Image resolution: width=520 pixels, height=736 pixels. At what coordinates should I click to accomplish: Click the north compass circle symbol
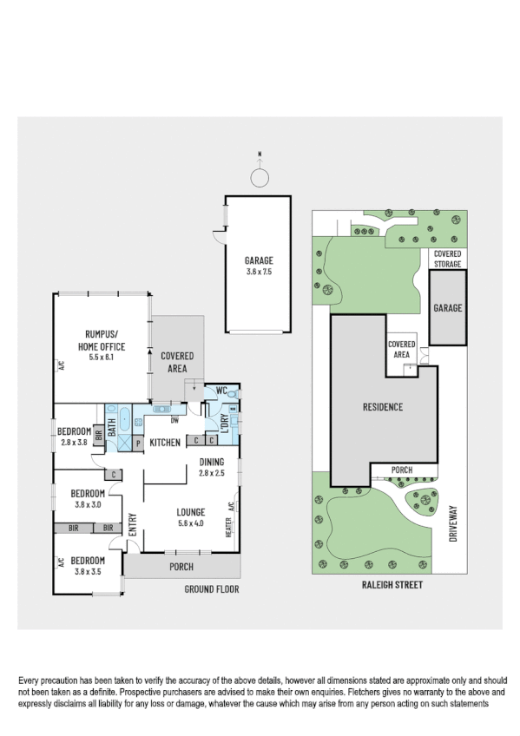[x=259, y=178]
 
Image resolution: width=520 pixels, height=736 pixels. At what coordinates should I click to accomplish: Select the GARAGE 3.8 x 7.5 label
[x=259, y=265]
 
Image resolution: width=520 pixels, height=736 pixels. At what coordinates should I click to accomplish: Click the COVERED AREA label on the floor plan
[x=176, y=362]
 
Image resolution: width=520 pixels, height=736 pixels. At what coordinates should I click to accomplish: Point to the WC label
[x=221, y=390]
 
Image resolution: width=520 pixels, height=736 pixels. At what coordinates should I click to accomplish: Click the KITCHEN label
[x=164, y=443]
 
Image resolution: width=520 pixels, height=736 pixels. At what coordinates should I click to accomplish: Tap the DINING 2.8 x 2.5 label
[x=212, y=468]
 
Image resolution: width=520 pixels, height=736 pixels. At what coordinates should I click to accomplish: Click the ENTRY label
[x=133, y=526]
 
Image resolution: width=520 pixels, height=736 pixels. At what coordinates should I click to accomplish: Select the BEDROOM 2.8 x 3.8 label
[x=74, y=437]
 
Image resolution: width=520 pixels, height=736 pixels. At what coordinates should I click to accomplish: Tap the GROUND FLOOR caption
[x=211, y=589]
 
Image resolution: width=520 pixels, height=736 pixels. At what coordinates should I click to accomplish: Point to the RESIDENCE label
[x=382, y=407]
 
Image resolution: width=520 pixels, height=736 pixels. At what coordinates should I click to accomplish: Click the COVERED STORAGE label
[x=448, y=259]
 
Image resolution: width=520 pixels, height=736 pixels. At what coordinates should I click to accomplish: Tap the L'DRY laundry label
[x=223, y=424]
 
